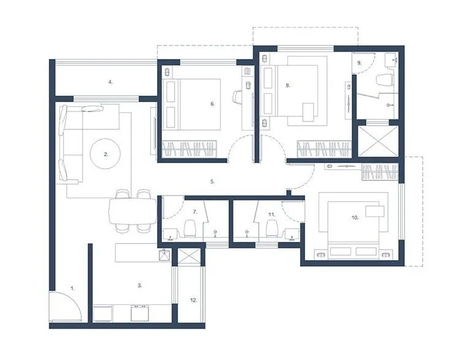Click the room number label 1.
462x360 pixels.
pos(72,287)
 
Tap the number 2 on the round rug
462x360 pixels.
pos(106,155)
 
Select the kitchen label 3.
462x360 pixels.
pos(140,285)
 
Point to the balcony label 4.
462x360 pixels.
pos(110,81)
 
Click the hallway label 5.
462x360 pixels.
pos(212,182)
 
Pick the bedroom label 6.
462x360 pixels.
pos(213,104)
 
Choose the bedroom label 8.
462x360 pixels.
pos(287,86)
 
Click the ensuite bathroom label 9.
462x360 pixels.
pos(360,63)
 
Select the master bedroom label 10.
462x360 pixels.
pos(354,217)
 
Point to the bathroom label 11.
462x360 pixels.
pos(271,214)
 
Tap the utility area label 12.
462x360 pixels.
pos(194,300)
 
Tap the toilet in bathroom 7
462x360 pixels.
pos(189,229)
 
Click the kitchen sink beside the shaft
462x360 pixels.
pos(164,256)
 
